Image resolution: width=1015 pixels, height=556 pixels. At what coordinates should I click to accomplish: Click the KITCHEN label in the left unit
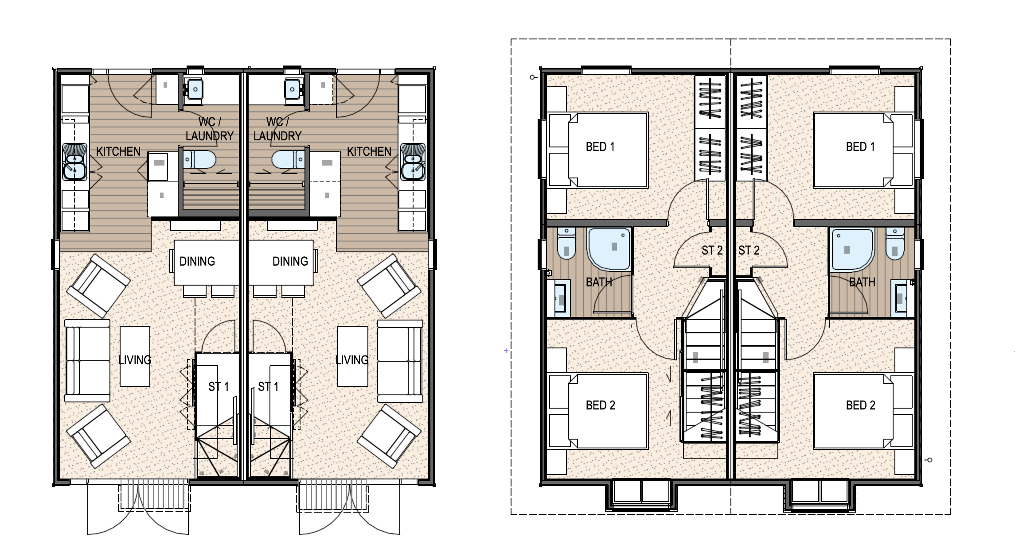(118, 151)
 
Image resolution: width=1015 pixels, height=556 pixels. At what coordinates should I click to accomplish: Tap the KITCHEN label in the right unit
(369, 151)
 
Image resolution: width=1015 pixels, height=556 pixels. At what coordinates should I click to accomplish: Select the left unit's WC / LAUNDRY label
(209, 129)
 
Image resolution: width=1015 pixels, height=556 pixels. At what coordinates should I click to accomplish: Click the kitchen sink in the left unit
(74, 162)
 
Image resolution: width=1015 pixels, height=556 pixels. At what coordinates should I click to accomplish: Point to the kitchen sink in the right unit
(413, 162)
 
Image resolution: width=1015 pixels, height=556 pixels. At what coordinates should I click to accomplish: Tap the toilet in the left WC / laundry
(200, 159)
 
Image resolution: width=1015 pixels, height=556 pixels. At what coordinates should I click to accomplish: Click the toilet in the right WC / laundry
(288, 159)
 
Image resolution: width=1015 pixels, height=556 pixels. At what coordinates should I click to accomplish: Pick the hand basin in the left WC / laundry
(195, 89)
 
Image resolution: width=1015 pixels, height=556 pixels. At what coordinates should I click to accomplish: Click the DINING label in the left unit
(197, 261)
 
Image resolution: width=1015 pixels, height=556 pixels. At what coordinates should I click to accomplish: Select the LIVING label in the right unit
(352, 360)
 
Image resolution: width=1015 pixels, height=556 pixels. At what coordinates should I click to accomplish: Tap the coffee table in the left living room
(135, 356)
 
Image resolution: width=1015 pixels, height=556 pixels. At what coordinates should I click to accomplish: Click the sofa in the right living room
(400, 361)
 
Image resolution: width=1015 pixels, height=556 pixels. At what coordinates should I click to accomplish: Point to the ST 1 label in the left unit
(219, 386)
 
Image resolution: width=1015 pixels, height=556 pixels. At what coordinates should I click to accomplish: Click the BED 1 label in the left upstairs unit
(600, 147)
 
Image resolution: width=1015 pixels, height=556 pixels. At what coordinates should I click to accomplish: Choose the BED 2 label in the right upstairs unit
(860, 405)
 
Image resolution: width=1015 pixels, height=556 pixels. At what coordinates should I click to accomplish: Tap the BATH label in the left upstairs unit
(599, 282)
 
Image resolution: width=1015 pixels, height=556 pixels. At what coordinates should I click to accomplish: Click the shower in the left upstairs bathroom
(609, 249)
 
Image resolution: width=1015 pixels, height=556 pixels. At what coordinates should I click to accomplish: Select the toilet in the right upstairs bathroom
(895, 244)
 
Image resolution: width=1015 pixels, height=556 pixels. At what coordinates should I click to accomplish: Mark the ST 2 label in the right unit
(749, 250)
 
